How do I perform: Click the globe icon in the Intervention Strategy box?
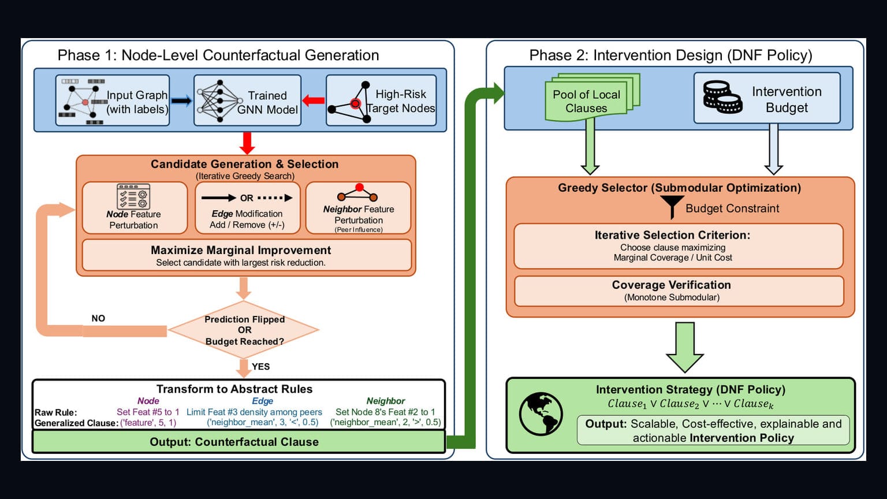541,414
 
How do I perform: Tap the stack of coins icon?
722,98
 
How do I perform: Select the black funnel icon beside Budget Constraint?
672,207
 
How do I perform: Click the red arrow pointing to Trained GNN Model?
313,100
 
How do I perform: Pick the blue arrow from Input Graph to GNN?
181,101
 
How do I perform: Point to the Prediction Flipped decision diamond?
244,330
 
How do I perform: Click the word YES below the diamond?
260,367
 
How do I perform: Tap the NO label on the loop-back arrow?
98,318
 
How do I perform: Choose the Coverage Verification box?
679,291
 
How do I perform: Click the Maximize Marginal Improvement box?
247,255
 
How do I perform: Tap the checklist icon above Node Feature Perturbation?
133,196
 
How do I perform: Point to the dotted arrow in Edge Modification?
275,198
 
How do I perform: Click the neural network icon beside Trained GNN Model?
220,101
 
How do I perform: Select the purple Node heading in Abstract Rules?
148,401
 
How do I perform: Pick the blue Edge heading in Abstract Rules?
263,401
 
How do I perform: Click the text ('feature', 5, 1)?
148,423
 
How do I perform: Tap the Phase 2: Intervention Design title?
671,55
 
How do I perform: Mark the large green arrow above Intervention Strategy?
685,347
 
